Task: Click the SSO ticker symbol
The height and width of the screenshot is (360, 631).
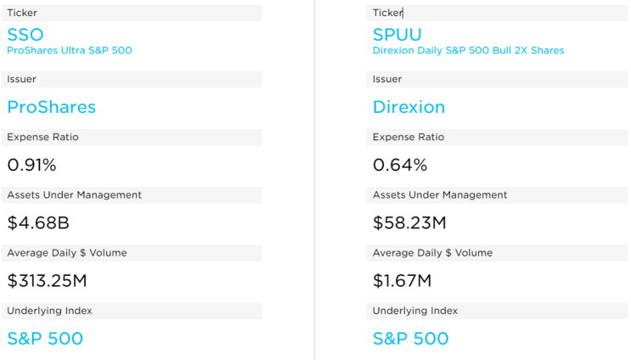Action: [26, 35]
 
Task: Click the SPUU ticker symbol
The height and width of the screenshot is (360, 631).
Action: [397, 35]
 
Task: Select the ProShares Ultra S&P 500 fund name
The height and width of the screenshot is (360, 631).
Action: [70, 51]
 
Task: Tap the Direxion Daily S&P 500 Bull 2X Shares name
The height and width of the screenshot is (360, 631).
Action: [468, 51]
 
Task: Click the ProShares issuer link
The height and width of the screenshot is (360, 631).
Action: [51, 107]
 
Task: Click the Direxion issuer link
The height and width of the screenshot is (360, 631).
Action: [408, 107]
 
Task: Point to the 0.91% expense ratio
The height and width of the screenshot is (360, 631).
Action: [31, 165]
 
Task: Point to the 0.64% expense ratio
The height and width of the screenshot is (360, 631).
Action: [399, 165]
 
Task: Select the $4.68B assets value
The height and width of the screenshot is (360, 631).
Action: [37, 222]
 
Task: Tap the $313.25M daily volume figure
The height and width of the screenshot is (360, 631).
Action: [47, 280]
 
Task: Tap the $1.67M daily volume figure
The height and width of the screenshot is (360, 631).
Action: [402, 280]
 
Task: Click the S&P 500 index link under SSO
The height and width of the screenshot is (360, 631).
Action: [45, 338]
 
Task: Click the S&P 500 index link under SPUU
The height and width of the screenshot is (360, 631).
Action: [410, 338]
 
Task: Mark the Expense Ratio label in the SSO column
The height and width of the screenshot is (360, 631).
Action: [42, 138]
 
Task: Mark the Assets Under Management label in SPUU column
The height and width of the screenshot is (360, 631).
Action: [439, 195]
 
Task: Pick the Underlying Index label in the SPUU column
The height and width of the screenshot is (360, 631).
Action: [414, 311]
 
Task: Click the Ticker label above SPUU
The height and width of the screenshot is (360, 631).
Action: [387, 14]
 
